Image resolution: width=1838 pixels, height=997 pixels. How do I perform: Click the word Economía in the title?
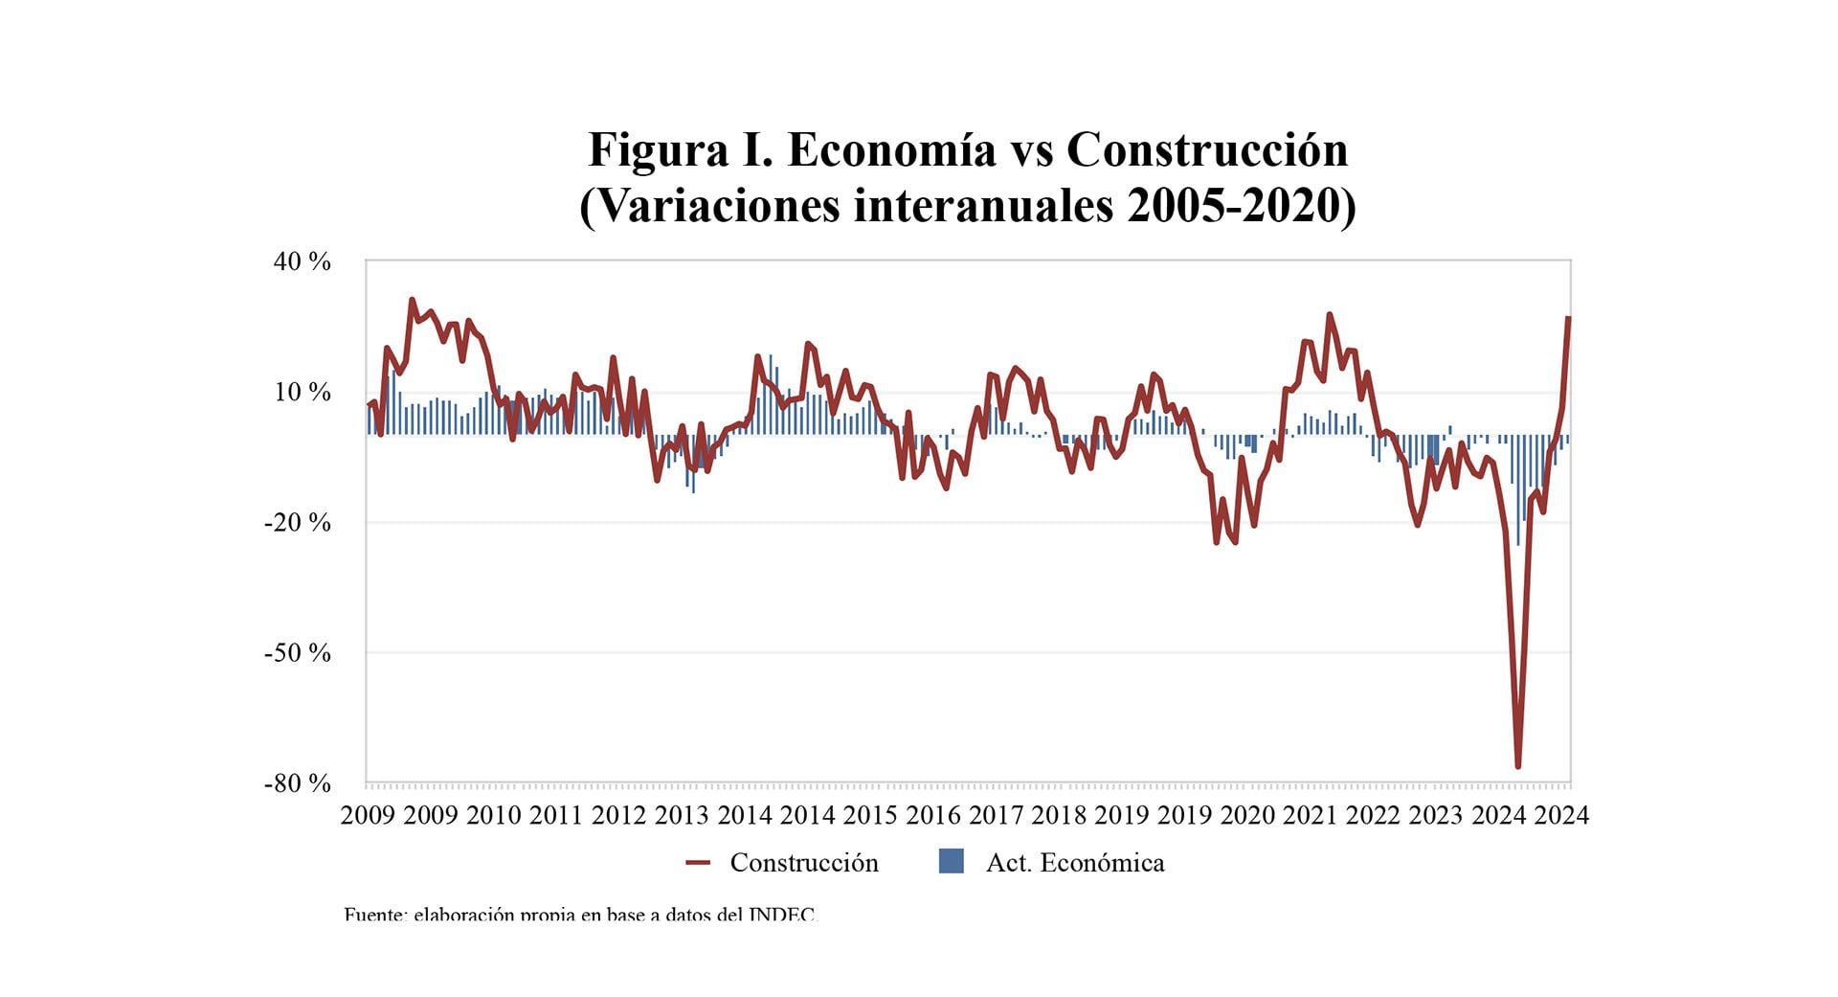pyautogui.click(x=891, y=150)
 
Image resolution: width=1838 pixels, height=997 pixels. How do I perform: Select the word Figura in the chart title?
pyautogui.click(x=658, y=150)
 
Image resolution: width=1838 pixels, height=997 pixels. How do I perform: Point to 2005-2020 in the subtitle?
pyautogui.click(x=1241, y=206)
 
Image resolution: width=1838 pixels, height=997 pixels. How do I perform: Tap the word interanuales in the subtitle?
pyautogui.click(x=983, y=206)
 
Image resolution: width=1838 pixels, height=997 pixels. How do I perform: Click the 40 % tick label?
pyautogui.click(x=302, y=261)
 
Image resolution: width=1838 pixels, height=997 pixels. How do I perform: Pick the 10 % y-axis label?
pyautogui.click(x=302, y=392)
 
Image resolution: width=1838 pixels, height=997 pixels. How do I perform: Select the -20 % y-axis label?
pyautogui.click(x=298, y=522)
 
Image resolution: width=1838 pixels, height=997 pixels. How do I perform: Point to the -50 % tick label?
pyautogui.click(x=298, y=652)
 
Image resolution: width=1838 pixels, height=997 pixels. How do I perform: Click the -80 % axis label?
pyautogui.click(x=298, y=782)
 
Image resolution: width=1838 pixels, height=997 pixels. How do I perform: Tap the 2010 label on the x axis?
pyautogui.click(x=493, y=815)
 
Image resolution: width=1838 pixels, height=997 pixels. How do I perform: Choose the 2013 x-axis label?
pyautogui.click(x=682, y=815)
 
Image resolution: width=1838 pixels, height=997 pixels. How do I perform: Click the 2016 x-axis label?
pyautogui.click(x=932, y=815)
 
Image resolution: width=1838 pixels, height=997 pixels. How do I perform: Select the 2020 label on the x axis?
pyautogui.click(x=1246, y=815)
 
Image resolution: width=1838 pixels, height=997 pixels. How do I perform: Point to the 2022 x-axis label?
pyautogui.click(x=1373, y=815)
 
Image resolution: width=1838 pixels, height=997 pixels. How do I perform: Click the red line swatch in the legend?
pyautogui.click(x=698, y=863)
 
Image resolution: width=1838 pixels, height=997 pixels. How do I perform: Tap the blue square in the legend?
pyautogui.click(x=951, y=861)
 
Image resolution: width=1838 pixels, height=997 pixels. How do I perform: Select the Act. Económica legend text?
pyautogui.click(x=1075, y=863)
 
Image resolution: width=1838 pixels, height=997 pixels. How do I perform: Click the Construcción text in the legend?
pyautogui.click(x=804, y=863)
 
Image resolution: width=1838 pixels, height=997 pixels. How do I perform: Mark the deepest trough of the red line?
pyautogui.click(x=1518, y=766)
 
